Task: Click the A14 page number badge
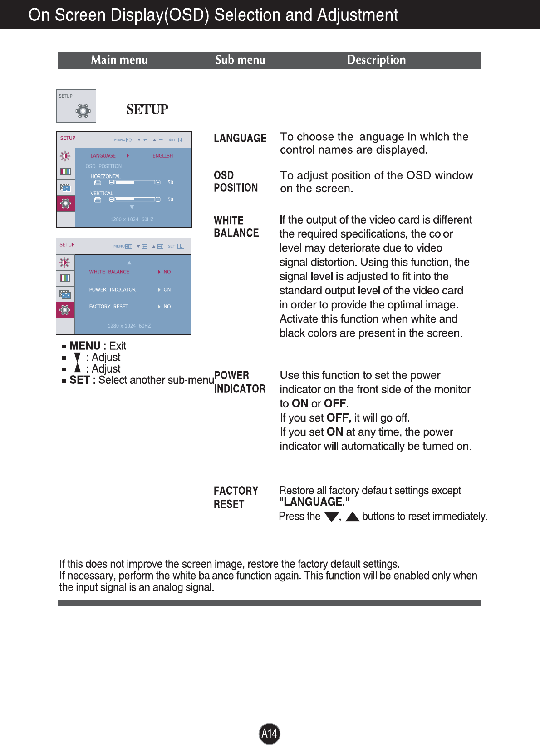(270, 733)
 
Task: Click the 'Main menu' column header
(119, 60)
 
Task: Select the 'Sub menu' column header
(241, 60)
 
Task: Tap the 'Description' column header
(376, 60)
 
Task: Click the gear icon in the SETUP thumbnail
(83, 110)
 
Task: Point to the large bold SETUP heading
(147, 109)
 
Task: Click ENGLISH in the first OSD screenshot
(162, 156)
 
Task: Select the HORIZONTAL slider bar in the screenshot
(135, 183)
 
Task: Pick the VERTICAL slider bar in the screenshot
(135, 199)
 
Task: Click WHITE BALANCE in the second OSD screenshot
(109, 272)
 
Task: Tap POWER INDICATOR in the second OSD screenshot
(112, 290)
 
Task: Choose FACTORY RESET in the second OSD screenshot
(108, 307)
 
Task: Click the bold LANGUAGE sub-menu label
(240, 138)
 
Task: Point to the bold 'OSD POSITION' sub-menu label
(236, 182)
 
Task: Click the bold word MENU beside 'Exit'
(85, 346)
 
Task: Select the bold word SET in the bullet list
(79, 380)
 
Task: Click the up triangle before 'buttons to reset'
(353, 517)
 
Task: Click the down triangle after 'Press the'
(332, 517)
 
